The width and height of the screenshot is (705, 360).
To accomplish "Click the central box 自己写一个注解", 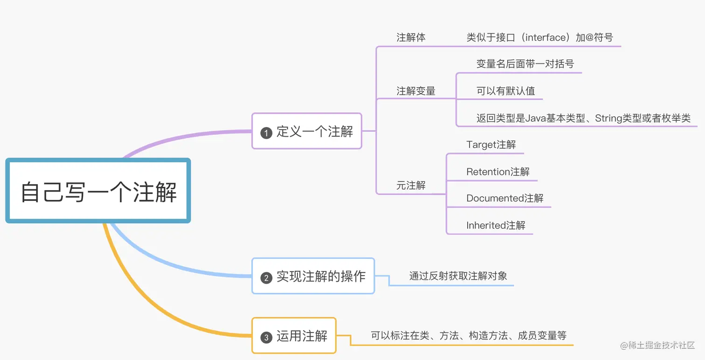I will (x=98, y=191).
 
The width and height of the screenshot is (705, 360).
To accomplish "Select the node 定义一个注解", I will (x=307, y=132).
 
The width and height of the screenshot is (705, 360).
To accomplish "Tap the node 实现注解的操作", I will (x=313, y=277).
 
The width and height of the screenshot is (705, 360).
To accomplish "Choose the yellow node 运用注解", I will (x=294, y=336).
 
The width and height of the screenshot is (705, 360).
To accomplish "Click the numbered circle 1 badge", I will (x=266, y=133).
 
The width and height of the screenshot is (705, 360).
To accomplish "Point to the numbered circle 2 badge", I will (x=266, y=278).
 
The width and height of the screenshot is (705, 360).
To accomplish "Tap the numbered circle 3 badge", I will (x=266, y=338).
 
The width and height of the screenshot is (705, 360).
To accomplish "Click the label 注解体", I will (x=411, y=38).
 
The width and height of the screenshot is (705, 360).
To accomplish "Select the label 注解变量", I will (x=416, y=91).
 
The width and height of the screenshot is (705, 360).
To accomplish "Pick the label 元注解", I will (x=411, y=186).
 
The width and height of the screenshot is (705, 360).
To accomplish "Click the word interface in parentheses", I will (x=545, y=38).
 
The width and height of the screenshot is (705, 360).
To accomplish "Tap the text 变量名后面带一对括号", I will (x=525, y=64).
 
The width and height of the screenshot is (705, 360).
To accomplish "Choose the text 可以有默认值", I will (x=505, y=91).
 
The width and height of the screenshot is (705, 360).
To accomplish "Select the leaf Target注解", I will (x=491, y=145).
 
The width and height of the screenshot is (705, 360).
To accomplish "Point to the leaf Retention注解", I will (x=498, y=172).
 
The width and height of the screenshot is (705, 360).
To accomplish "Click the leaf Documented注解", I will (x=505, y=199).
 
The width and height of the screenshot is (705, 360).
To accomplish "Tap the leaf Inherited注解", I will (x=496, y=226).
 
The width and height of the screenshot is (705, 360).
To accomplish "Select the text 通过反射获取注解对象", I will (x=458, y=276).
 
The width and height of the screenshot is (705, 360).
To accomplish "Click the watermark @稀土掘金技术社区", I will (x=657, y=346).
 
